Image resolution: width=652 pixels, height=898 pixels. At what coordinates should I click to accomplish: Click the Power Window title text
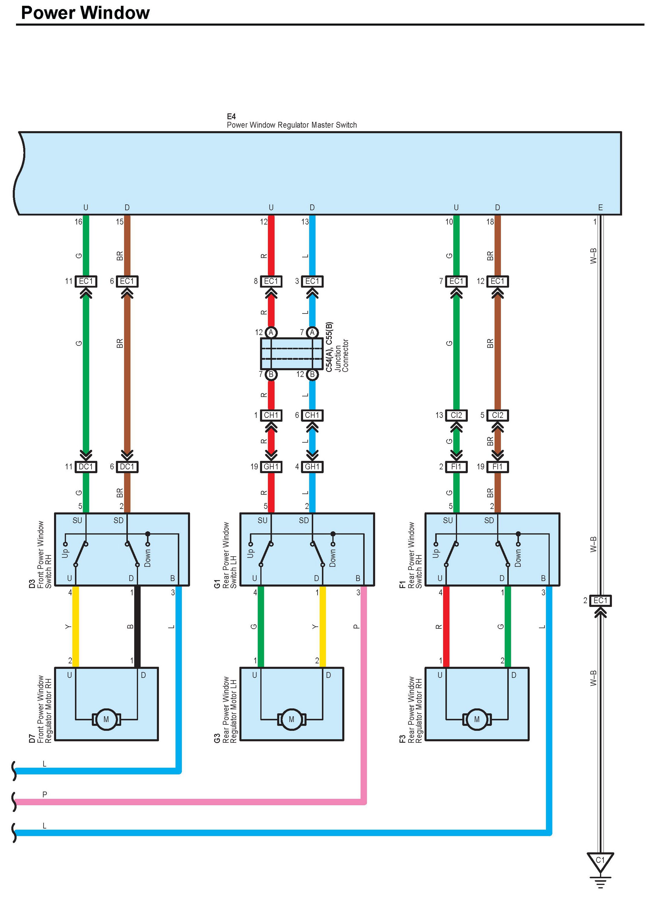pyautogui.click(x=85, y=13)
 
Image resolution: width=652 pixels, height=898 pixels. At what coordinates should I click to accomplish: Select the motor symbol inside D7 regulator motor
pyautogui.click(x=106, y=719)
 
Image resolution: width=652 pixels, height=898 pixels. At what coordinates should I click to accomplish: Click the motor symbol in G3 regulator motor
pyautogui.click(x=292, y=719)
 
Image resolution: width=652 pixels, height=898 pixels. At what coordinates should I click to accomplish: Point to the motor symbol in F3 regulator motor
pyautogui.click(x=477, y=719)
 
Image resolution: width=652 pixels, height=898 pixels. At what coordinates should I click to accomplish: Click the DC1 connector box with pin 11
pyautogui.click(x=86, y=467)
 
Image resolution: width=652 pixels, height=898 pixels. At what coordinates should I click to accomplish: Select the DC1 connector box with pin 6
pyautogui.click(x=127, y=467)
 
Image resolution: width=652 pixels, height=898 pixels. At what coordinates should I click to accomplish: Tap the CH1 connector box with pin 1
pyautogui.click(x=271, y=415)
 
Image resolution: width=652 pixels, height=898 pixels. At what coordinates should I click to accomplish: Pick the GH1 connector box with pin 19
pyautogui.click(x=271, y=467)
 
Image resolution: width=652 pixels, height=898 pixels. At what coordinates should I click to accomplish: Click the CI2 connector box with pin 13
pyautogui.click(x=456, y=415)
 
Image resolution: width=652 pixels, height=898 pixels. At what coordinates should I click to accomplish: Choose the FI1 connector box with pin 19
pyautogui.click(x=497, y=467)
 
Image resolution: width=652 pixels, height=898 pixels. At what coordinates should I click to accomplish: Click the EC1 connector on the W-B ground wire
pyautogui.click(x=600, y=601)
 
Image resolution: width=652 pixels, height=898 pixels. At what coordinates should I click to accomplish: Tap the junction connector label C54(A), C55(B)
pyautogui.click(x=329, y=347)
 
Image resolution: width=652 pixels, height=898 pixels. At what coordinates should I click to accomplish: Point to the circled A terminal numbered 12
pyautogui.click(x=271, y=332)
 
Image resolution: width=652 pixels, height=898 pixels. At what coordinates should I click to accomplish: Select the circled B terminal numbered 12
pyautogui.click(x=312, y=374)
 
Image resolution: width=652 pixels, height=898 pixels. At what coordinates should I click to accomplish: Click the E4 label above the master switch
pyautogui.click(x=231, y=116)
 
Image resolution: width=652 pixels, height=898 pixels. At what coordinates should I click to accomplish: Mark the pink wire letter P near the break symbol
pyautogui.click(x=45, y=794)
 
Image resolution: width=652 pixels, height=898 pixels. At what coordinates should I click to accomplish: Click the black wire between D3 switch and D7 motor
pyautogui.click(x=137, y=626)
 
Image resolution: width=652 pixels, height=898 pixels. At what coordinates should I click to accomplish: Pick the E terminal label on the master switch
pyautogui.click(x=600, y=207)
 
